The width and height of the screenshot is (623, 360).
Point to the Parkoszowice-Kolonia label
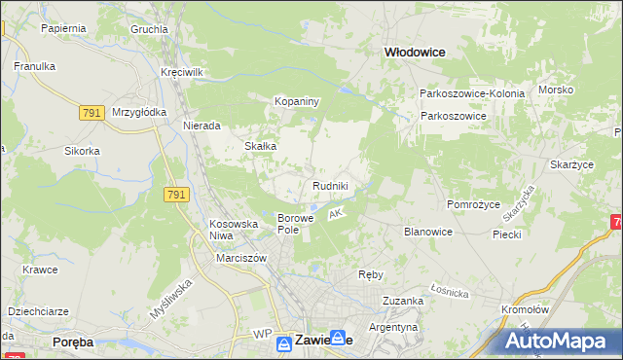pyautogui.click(x=472, y=93)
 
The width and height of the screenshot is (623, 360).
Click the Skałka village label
pyautogui.click(x=261, y=146)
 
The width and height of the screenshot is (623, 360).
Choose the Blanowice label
pyautogui.click(x=427, y=232)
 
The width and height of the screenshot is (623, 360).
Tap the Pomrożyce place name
pyautogui.click(x=473, y=204)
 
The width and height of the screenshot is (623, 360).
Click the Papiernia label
pyautogui.click(x=64, y=28)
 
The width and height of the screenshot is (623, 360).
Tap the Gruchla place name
pyautogui.click(x=149, y=29)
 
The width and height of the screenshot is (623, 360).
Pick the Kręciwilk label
pyautogui.click(x=182, y=73)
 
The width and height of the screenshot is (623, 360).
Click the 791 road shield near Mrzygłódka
pyautogui.click(x=92, y=114)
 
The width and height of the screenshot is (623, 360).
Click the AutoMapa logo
pyautogui.click(x=561, y=342)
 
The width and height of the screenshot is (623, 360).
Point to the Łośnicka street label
pyautogui.click(x=451, y=292)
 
